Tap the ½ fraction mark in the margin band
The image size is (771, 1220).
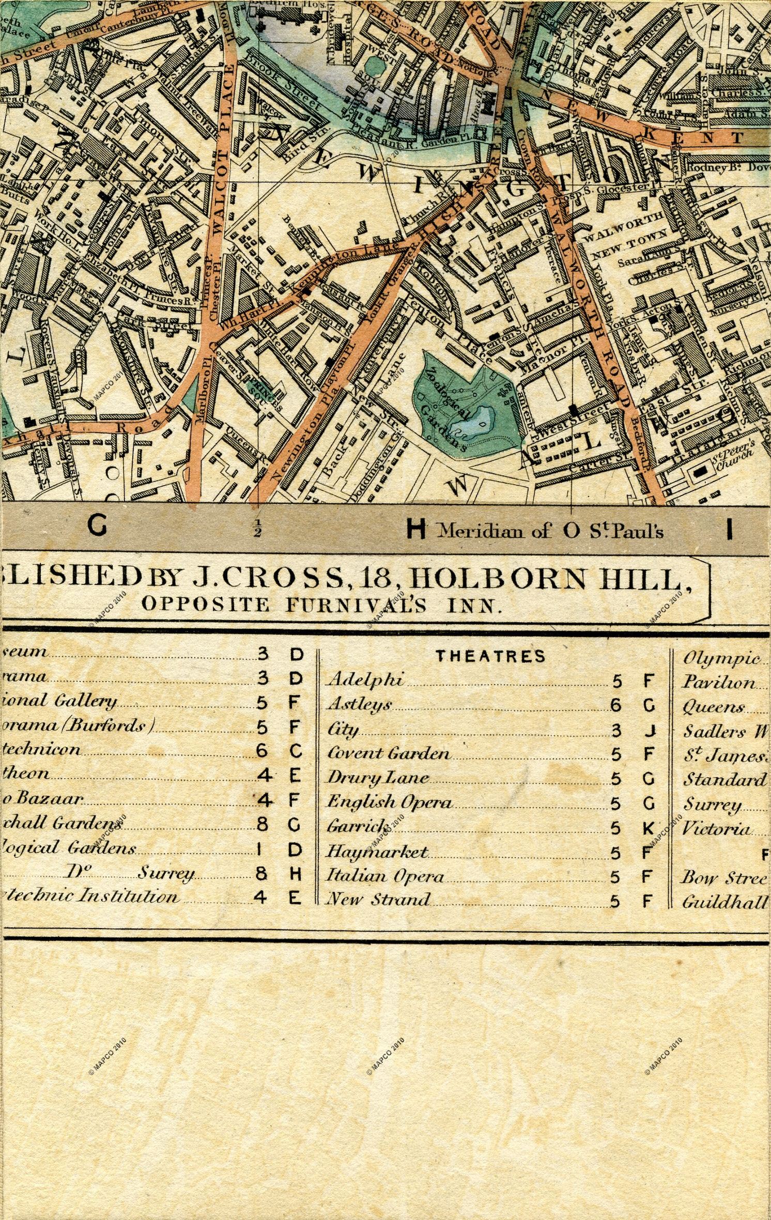click(x=257, y=530)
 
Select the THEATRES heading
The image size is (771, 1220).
click(x=490, y=656)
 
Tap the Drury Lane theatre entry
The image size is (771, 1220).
click(x=379, y=777)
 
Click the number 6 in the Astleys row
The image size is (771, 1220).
click(x=616, y=705)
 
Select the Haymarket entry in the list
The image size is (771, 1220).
click(x=377, y=852)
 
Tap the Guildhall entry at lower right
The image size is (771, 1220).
click(x=723, y=902)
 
